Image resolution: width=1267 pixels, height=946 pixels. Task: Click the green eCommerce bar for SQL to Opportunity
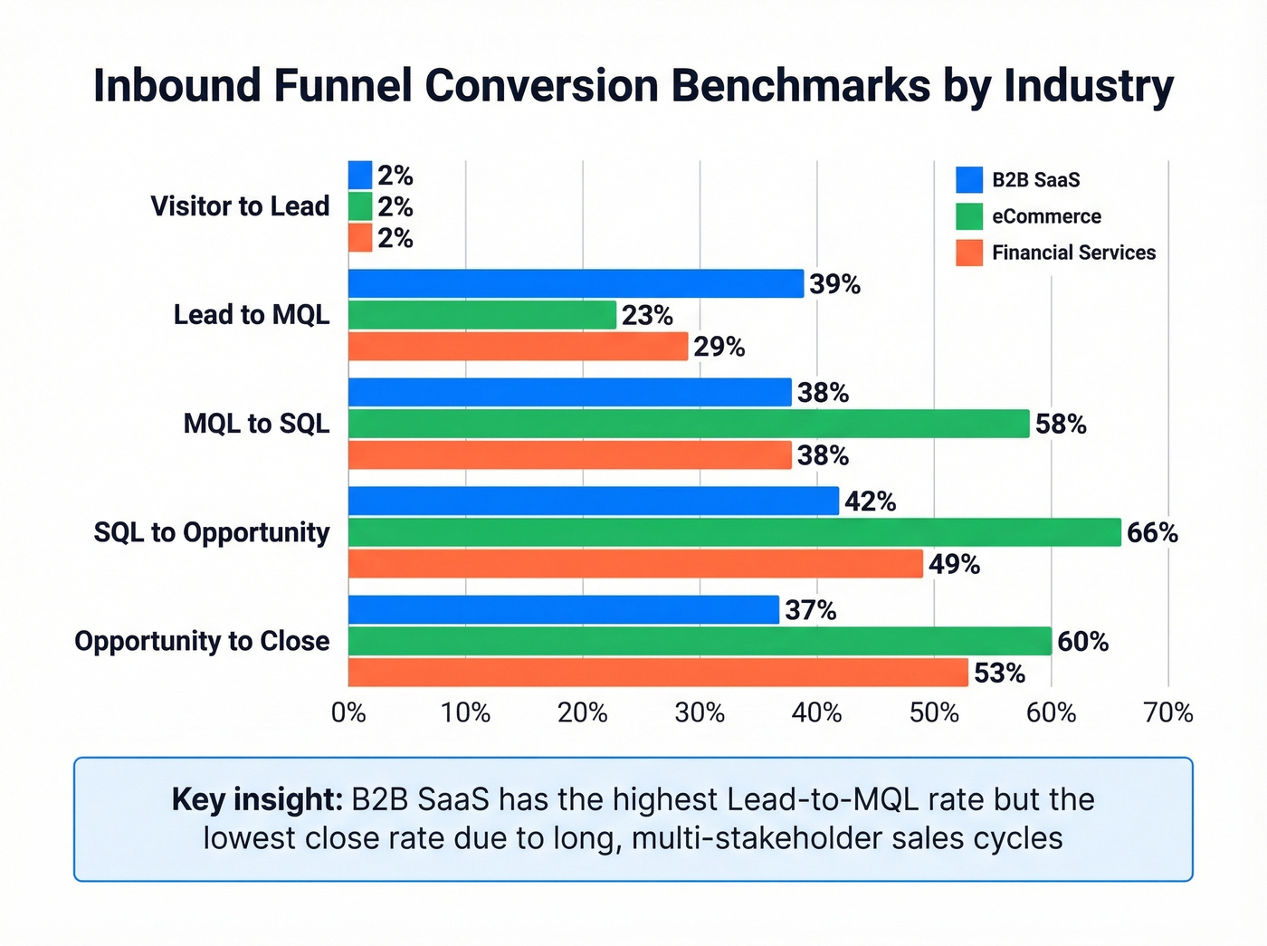pyautogui.click(x=734, y=532)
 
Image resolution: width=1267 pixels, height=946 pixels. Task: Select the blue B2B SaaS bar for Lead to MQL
pyautogui.click(x=576, y=283)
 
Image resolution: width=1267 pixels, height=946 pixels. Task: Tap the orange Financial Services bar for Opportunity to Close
pyautogui.click(x=658, y=673)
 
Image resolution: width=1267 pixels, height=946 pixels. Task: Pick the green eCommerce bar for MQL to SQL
pyautogui.click(x=689, y=424)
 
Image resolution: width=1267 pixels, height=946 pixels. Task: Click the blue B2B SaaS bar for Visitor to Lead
pyautogui.click(x=360, y=175)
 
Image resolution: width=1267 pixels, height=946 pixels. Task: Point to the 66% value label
pyautogui.click(x=1152, y=533)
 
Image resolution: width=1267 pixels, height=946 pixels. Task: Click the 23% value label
pyautogui.click(x=647, y=316)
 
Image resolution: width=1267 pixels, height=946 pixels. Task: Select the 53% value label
pyautogui.click(x=999, y=674)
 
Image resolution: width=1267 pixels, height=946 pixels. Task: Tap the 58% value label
pyautogui.click(x=1061, y=425)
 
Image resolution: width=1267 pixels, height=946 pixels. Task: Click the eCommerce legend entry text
pyautogui.click(x=1046, y=216)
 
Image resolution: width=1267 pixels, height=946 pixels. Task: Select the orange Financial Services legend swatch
pyautogui.click(x=969, y=253)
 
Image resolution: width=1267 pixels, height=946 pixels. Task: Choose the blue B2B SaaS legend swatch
pyautogui.click(x=969, y=179)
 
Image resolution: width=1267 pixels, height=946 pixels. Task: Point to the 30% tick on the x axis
pyautogui.click(x=700, y=713)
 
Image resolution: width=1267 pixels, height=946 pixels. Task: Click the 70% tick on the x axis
pyautogui.click(x=1168, y=713)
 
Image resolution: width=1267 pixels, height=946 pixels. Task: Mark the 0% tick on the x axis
pyautogui.click(x=348, y=713)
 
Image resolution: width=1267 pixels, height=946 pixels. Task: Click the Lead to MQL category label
pyautogui.click(x=252, y=315)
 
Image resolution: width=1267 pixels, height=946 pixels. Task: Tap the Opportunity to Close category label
pyautogui.click(x=202, y=641)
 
